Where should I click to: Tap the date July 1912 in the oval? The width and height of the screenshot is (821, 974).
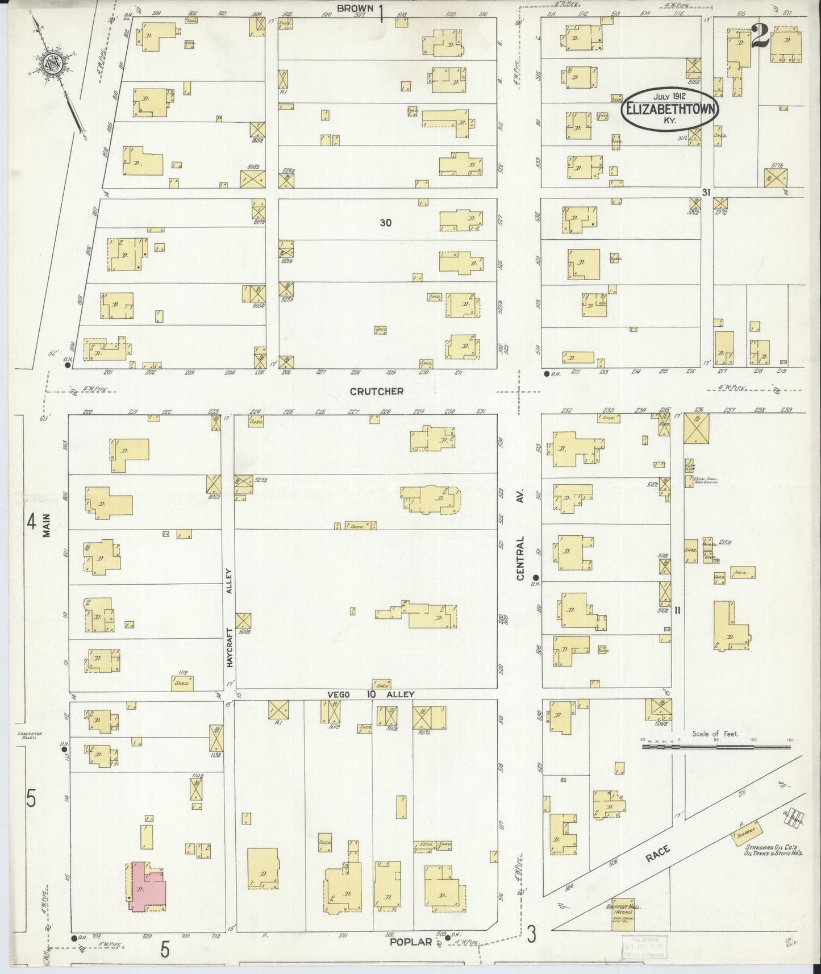click(x=670, y=96)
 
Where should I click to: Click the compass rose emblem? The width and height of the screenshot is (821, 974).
click(x=49, y=65)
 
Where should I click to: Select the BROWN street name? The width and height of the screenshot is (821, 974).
click(x=355, y=8)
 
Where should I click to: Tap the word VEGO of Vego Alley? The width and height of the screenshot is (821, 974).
click(x=339, y=694)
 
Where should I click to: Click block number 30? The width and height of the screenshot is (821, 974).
click(x=385, y=223)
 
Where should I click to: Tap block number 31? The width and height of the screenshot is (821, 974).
click(x=706, y=192)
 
